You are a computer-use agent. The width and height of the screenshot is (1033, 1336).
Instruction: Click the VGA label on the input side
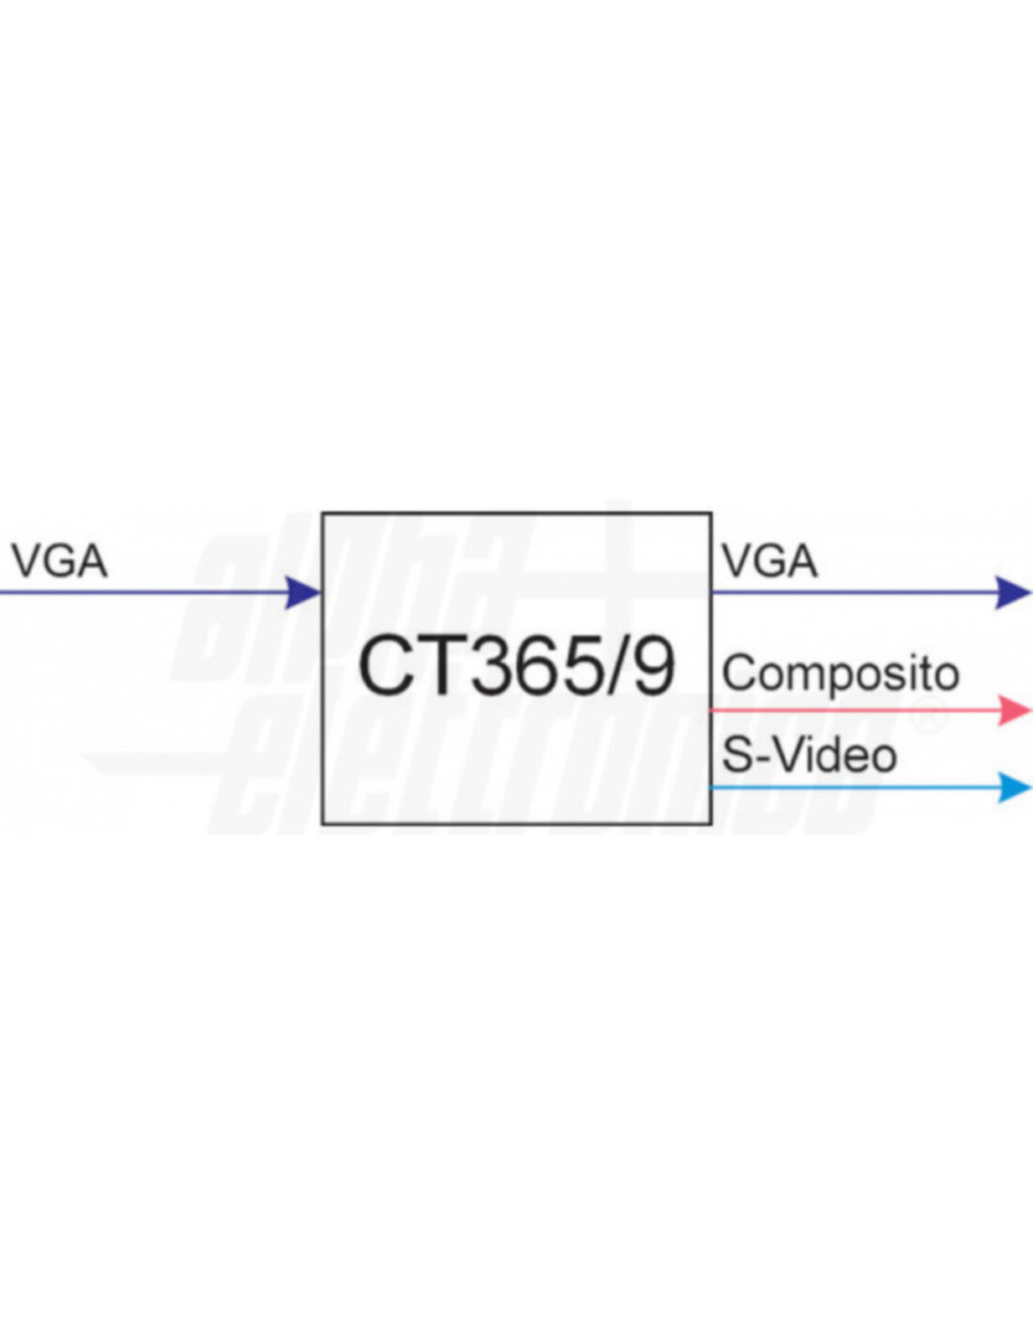pos(59,562)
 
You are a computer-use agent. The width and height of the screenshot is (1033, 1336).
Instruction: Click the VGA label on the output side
pos(769,562)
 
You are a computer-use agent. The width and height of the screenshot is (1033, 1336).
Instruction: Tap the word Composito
pos(840,675)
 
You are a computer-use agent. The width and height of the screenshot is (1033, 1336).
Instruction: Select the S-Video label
pos(809,754)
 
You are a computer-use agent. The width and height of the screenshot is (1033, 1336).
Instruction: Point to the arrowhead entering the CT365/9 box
pos(302,593)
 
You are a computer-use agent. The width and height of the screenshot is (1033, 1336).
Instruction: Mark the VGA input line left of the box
pos(141,593)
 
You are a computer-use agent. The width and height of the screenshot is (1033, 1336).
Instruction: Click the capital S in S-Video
pos(737,754)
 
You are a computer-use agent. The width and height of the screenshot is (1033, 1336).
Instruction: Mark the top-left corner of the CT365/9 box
pos(323,514)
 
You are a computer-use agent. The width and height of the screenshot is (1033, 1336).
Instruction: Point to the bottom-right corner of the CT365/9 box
pos(711,824)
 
